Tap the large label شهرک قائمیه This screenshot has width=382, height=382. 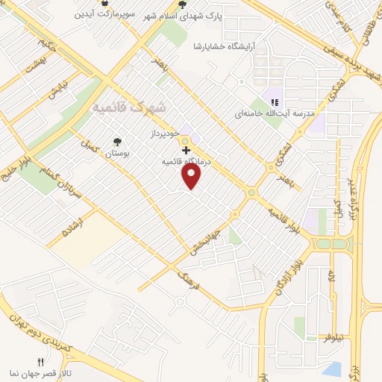pyautogui.click(x=128, y=108)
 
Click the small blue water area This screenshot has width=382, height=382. pyautogui.click(x=333, y=368)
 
